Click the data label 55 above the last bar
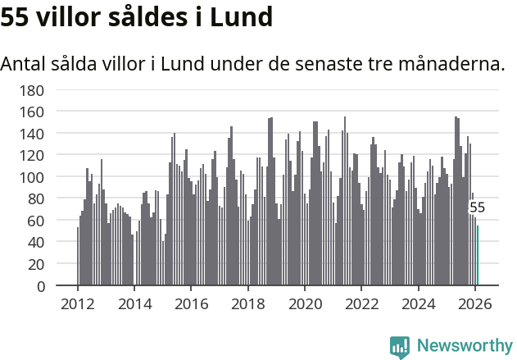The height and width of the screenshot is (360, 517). click(477, 208)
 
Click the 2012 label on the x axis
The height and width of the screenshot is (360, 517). click(78, 303)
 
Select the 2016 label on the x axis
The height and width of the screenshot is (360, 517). click(191, 303)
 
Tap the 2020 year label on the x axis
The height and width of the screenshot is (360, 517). click(305, 303)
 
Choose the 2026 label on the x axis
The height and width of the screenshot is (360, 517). click(475, 303)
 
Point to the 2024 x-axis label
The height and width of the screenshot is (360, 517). click(419, 303)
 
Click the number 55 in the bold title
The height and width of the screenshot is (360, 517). click(15, 16)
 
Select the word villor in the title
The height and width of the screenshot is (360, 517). click(67, 16)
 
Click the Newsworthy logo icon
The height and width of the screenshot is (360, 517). click(400, 346)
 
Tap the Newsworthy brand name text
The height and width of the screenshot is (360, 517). click(464, 346)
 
